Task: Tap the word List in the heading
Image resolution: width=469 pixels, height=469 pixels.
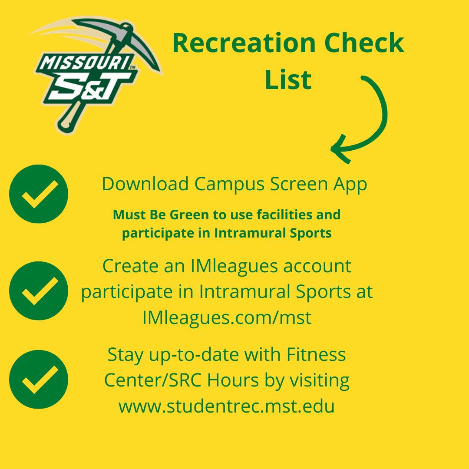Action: (288, 79)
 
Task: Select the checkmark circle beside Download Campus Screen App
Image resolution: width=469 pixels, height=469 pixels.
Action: (39, 194)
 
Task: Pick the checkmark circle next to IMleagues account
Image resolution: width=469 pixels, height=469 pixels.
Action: (39, 291)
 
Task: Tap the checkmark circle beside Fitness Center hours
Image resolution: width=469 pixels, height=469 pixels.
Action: (39, 379)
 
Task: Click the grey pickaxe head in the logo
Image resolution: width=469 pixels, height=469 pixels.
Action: (120, 37)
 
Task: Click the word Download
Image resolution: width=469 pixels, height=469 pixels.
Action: (145, 184)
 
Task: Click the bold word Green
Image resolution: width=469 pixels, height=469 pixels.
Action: (189, 215)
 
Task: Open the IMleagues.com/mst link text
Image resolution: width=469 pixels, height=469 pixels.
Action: (227, 317)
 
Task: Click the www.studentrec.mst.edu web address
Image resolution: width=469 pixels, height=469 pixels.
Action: (226, 406)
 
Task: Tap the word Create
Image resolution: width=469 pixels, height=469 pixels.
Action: (130, 266)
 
